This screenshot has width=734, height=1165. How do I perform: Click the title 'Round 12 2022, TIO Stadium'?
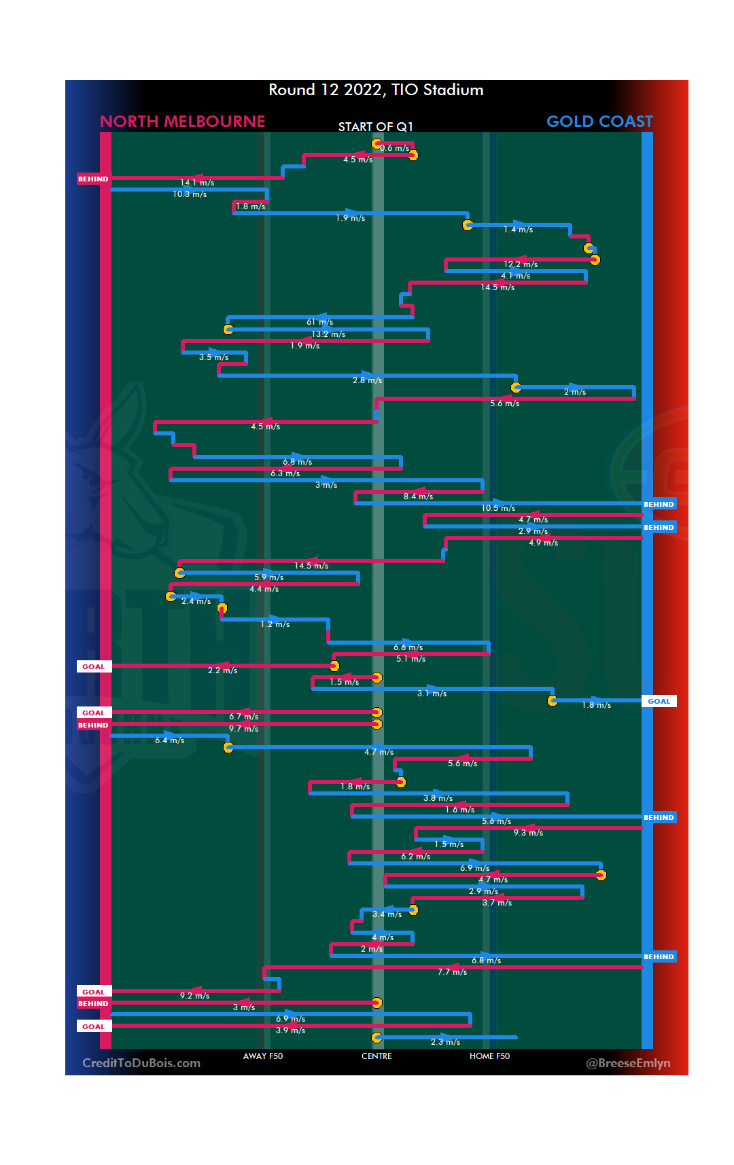(x=376, y=90)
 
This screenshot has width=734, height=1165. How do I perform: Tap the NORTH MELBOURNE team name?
(x=182, y=122)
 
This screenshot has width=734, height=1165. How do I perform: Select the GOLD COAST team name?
(x=599, y=122)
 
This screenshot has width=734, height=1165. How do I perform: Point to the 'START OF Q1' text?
(x=375, y=127)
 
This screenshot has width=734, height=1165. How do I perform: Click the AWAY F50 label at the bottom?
(x=263, y=1056)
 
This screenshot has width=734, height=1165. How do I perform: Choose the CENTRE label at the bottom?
(x=377, y=1056)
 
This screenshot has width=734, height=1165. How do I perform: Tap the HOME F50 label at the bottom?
(x=489, y=1056)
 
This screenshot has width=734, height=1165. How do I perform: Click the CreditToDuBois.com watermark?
(x=141, y=1063)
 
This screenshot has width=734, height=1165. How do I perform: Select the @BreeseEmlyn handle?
(x=628, y=1063)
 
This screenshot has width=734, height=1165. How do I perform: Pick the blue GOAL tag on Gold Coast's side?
(x=659, y=701)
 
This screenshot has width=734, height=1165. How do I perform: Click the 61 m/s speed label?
(x=320, y=322)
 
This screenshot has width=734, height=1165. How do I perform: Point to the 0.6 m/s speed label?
(x=395, y=148)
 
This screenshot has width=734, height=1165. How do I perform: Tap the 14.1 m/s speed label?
(x=197, y=183)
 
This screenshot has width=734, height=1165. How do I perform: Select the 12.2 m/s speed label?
(x=521, y=264)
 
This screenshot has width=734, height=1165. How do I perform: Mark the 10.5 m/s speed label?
(x=498, y=508)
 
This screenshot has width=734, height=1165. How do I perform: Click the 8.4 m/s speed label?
(x=418, y=497)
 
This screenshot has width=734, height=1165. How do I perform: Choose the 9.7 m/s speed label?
(x=243, y=729)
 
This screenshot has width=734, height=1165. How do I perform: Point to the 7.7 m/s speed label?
(x=452, y=972)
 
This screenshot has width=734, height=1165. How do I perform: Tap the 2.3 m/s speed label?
(x=445, y=1042)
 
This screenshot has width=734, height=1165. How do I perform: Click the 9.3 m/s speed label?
(x=528, y=833)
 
